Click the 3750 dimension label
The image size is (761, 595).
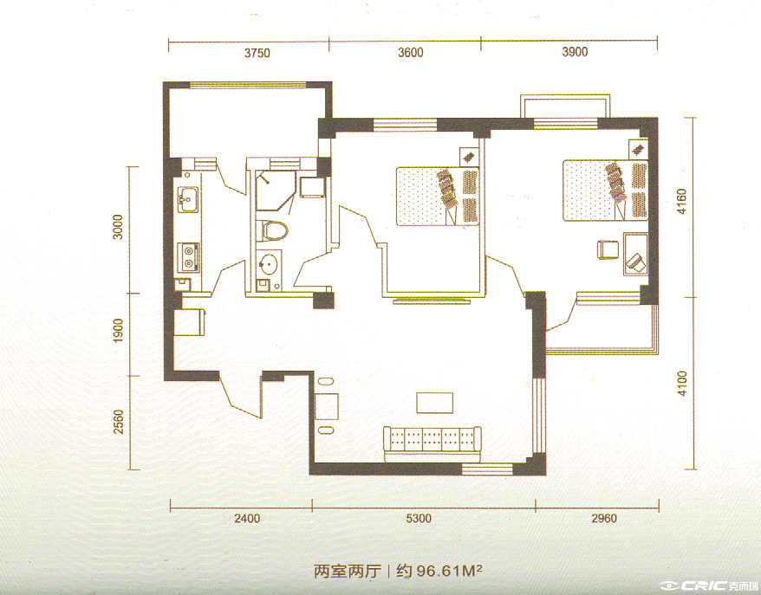click(x=257, y=53)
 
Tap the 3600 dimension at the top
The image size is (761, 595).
click(x=411, y=52)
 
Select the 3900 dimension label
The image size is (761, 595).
click(x=576, y=51)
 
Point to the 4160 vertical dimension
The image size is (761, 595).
click(x=682, y=202)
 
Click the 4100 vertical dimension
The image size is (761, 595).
click(x=682, y=384)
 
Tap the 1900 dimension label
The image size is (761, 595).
click(x=118, y=331)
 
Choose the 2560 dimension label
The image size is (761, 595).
click(x=119, y=422)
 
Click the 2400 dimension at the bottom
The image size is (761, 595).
click(x=248, y=519)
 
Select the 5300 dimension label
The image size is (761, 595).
click(x=419, y=519)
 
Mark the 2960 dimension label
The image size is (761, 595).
click(x=604, y=519)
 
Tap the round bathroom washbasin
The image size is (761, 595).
click(x=268, y=264)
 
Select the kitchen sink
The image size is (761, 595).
click(x=188, y=199)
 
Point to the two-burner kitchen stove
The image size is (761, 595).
click(x=188, y=257)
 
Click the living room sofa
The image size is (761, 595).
click(x=433, y=444)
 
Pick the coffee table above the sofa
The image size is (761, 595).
click(x=435, y=403)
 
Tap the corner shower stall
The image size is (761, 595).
click(x=276, y=190)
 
